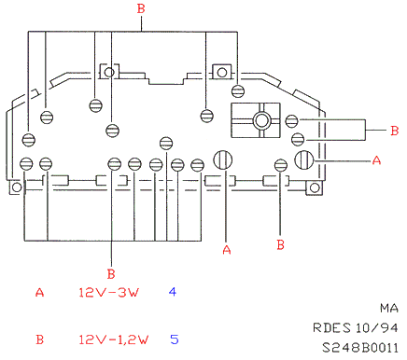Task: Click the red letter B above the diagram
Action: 141,8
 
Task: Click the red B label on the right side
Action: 394,131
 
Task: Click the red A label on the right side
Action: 376,160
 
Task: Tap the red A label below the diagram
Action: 227,250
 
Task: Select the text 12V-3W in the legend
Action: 108,292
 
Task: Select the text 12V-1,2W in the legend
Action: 113,339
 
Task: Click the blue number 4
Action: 173,292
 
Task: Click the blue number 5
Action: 175,339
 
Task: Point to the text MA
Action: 389,308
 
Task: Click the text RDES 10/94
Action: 356,327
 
